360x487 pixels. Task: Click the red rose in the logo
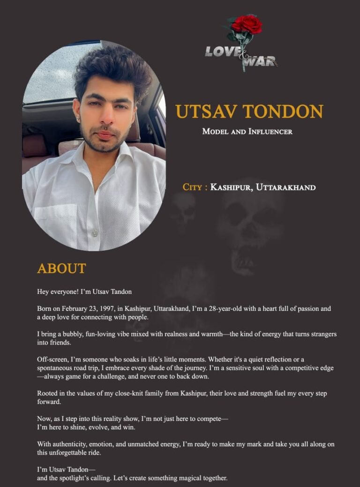coord(247,24)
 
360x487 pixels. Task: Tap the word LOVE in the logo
coord(223,51)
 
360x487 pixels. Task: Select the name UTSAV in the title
coord(205,112)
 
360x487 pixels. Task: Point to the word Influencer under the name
coord(270,131)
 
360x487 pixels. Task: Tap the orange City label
coord(193,187)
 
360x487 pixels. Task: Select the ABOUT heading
coord(61,269)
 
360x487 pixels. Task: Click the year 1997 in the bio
coord(108,308)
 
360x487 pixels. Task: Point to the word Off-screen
coord(52,360)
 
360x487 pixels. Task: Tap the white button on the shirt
coord(95,233)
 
